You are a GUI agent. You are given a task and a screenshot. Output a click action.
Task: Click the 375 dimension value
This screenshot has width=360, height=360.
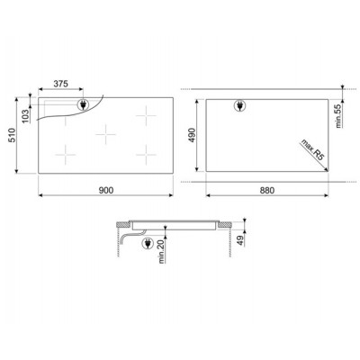pyautogui.click(x=61, y=84)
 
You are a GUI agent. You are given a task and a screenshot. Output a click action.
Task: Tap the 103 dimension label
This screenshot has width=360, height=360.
pyautogui.click(x=26, y=115)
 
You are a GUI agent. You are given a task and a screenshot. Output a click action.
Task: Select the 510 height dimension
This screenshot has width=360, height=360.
pyautogui.click(x=12, y=135)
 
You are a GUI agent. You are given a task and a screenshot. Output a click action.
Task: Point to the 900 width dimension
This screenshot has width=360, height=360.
pyautogui.click(x=106, y=190)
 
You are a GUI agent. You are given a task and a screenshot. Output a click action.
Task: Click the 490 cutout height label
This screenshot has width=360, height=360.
pyautogui.click(x=192, y=135)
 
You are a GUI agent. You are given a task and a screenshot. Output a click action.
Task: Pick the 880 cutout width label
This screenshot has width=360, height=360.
pyautogui.click(x=266, y=190)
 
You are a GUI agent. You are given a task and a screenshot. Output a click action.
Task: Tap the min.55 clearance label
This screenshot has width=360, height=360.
pyautogui.click(x=338, y=116)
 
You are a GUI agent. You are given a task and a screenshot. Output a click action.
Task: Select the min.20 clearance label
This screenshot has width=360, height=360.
pyautogui.click(x=162, y=252)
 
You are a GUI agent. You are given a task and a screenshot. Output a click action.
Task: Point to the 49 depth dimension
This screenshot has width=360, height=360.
pyautogui.click(x=240, y=240)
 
